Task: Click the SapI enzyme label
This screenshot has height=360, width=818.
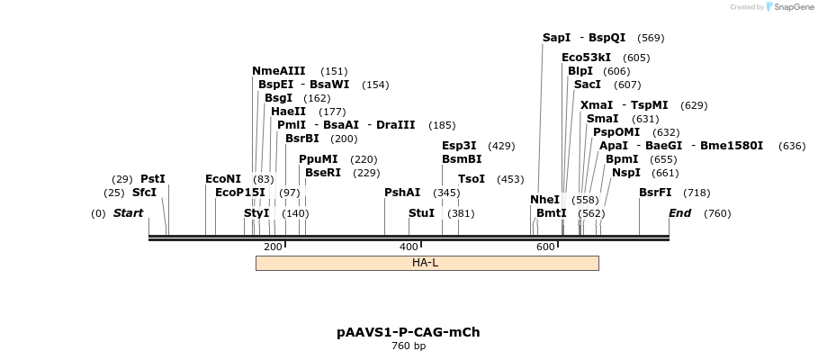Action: pos(556,38)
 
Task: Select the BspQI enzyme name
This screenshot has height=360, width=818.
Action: pos(607,38)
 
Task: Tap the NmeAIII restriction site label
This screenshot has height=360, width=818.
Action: pos(279,71)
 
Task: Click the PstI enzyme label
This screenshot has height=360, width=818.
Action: pos(153,179)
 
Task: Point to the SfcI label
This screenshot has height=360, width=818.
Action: pos(144,193)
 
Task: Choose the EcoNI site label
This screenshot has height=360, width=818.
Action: pos(223,179)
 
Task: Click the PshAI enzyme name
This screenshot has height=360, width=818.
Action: pos(402,193)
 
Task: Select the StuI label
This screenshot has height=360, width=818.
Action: pos(421,213)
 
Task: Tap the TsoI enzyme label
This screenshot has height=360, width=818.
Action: pos(472,179)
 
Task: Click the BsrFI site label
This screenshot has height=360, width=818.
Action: pos(655,193)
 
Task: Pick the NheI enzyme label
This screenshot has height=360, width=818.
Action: pos(544,200)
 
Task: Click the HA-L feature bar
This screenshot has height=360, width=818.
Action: pos(427,263)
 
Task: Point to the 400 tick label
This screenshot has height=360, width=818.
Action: pos(409,247)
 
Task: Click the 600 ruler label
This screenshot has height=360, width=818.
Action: pos(545,247)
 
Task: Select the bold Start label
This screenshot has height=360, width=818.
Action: pos(128,213)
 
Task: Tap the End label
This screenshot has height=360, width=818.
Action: pos(679,213)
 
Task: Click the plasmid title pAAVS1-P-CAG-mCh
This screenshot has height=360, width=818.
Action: pos(409,332)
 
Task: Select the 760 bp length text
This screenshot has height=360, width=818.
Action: pos(409,346)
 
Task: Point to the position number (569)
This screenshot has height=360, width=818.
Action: pos(651,38)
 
